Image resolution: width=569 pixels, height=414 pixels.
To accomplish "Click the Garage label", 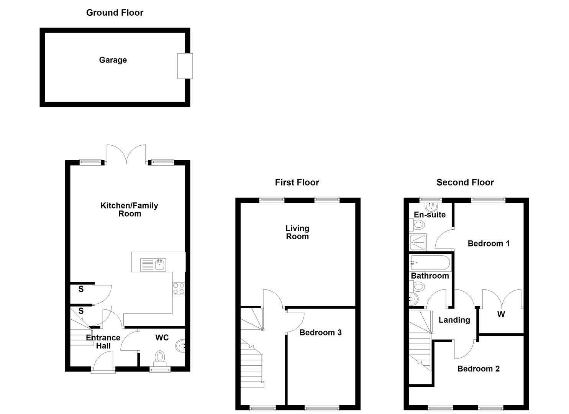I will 113,60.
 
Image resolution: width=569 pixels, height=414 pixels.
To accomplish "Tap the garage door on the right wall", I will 185,66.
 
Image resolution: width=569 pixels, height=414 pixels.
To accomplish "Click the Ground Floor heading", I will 115,13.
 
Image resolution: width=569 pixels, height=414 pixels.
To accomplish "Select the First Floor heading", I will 297,182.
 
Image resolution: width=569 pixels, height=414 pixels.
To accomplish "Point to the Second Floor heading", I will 465,182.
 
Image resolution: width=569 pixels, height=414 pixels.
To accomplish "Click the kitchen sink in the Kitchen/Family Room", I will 153,264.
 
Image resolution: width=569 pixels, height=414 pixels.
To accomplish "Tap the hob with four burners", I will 179,288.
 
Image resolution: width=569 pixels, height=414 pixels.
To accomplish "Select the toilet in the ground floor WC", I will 160,357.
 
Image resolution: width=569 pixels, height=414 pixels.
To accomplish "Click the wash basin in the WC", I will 181,346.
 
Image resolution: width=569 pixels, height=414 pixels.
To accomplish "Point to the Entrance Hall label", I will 103,342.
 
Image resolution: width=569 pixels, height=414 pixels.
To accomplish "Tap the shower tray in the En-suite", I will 418,242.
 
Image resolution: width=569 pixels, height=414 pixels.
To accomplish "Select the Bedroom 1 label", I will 489,243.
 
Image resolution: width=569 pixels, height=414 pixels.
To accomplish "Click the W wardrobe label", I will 501,315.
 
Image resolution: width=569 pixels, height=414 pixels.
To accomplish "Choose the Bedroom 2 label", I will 478,369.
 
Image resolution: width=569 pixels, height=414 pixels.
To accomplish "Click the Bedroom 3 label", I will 320,332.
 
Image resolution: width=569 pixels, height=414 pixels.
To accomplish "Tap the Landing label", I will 454,320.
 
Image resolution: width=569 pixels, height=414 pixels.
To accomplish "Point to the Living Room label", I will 297,232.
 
